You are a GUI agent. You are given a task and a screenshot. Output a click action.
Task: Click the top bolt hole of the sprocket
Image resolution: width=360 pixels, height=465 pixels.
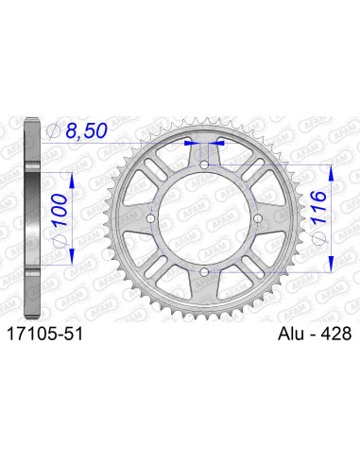[205, 165]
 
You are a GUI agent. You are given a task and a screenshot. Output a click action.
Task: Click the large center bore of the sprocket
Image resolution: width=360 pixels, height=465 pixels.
[205, 218]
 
